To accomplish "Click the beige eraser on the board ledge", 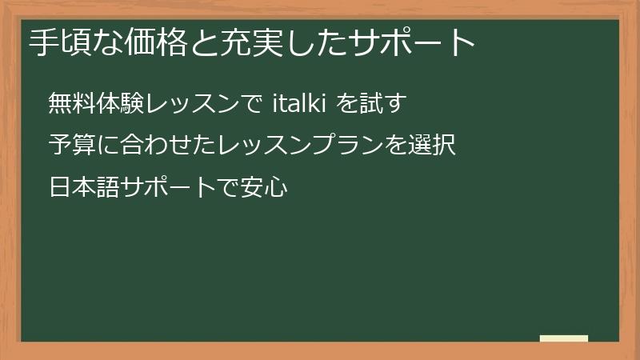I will click(x=564, y=338).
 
